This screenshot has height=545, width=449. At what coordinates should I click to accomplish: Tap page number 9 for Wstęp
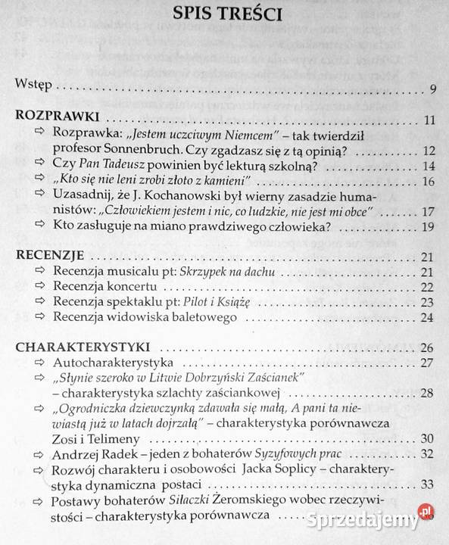click(433, 90)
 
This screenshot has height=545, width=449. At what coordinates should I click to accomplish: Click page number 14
click(428, 167)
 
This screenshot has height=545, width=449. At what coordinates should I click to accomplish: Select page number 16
click(428, 182)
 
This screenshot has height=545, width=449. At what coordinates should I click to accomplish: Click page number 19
click(428, 227)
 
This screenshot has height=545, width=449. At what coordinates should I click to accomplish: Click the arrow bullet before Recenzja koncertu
click(40, 287)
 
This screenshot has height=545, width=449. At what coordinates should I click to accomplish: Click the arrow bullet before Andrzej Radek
click(40, 454)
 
